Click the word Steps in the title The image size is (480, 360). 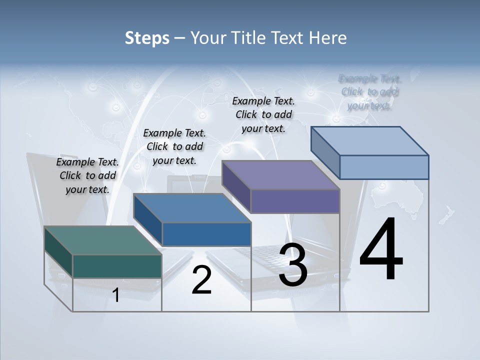click(147, 38)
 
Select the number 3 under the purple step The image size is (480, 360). click(293, 265)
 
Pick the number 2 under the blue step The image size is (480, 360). click(201, 280)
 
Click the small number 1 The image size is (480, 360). click(116, 295)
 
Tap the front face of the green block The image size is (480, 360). click(117, 266)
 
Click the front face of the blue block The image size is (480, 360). click(206, 234)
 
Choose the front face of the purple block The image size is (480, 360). click(295, 201)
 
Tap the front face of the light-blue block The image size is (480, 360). click(384, 167)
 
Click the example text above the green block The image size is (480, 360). click(87, 175)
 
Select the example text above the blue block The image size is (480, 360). click(174, 146)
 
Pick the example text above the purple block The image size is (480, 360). click(263, 114)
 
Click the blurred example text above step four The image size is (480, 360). click(369, 92)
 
